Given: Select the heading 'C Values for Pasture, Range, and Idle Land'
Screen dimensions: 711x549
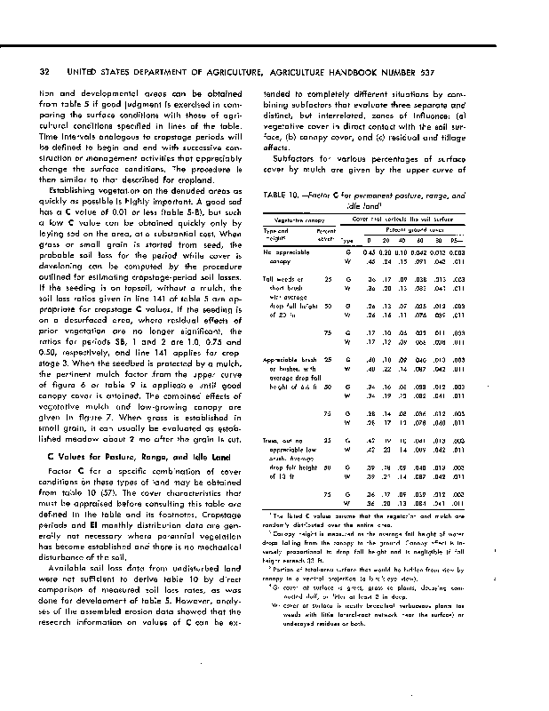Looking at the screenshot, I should [124, 455].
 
